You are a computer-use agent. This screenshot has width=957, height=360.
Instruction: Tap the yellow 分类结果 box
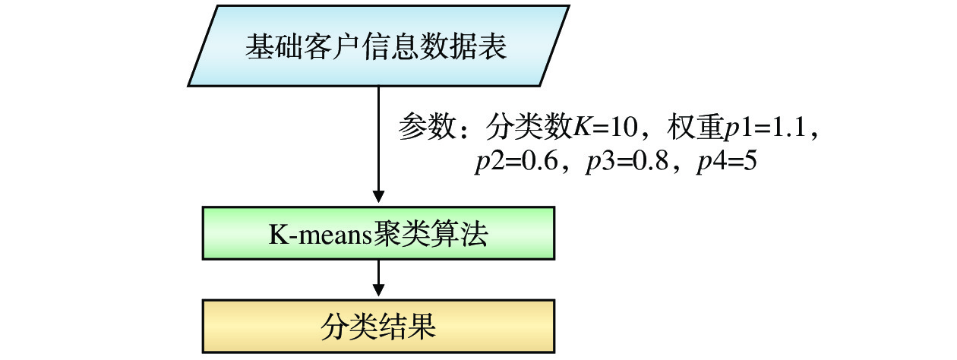click(377, 326)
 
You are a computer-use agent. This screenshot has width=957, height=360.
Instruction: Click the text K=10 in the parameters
click(604, 128)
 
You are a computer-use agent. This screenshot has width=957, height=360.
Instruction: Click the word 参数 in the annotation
click(424, 128)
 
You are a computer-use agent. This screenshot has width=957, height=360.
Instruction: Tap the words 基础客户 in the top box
click(299, 46)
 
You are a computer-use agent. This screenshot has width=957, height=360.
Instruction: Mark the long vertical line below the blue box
click(377, 137)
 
